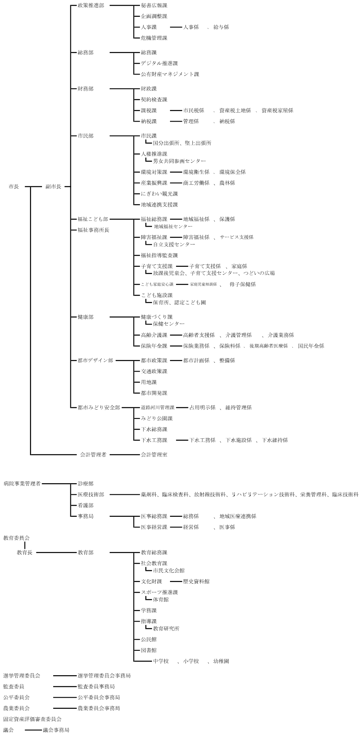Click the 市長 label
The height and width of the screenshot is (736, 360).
click(x=14, y=186)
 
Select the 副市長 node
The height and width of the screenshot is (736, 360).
click(x=53, y=186)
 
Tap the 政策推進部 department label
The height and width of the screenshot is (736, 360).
click(x=90, y=6)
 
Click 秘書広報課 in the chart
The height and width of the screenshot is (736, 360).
click(x=154, y=6)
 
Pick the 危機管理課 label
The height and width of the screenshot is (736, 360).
click(x=154, y=38)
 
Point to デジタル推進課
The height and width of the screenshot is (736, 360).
click(x=159, y=63)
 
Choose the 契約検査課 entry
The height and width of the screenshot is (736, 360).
click(x=154, y=100)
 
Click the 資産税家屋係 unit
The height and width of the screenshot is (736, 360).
click(x=277, y=110)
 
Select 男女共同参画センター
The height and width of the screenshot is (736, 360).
click(x=179, y=161)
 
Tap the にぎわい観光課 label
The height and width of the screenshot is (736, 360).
click(x=159, y=194)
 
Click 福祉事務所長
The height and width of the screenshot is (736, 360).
click(x=93, y=230)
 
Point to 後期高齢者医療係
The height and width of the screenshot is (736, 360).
click(x=268, y=346)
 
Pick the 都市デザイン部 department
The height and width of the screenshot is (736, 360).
click(x=95, y=360)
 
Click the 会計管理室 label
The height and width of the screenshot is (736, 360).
click(x=154, y=455)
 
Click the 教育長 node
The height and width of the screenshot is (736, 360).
click(x=24, y=553)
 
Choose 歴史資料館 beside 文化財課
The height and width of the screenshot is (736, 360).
click(x=196, y=582)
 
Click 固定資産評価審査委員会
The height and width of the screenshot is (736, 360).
click(x=32, y=719)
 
